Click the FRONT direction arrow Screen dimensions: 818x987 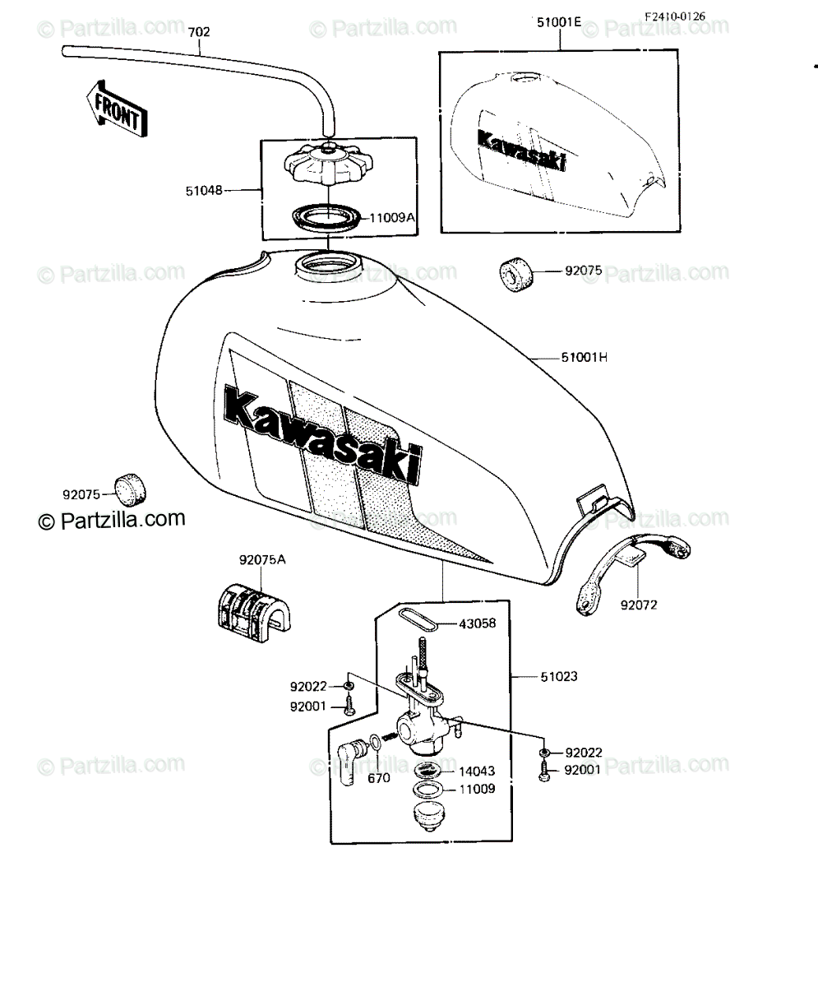[x=117, y=109]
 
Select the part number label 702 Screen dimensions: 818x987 [x=199, y=32]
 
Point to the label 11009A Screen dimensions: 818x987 [x=392, y=218]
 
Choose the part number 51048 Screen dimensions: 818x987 [x=204, y=191]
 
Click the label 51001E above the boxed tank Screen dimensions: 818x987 [x=558, y=22]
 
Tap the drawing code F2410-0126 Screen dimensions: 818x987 [x=675, y=16]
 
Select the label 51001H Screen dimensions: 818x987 [x=584, y=357]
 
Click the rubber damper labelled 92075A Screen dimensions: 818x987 [x=254, y=612]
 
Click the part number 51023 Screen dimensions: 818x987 [x=559, y=677]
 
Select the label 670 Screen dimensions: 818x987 [x=379, y=778]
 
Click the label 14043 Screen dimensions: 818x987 [x=478, y=771]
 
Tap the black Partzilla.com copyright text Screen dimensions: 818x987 [x=112, y=520]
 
